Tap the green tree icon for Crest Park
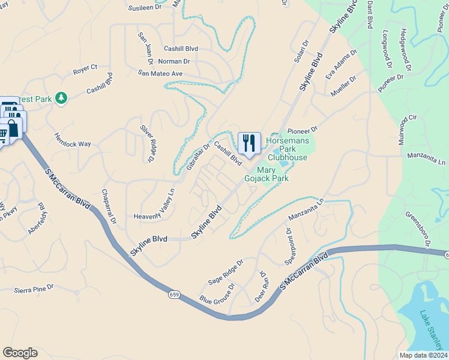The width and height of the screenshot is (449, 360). [x=61, y=97]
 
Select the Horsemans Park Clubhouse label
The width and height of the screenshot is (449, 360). [x=287, y=148]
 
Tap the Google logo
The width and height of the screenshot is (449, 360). [x=20, y=353]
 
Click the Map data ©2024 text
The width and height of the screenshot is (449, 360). [x=423, y=355]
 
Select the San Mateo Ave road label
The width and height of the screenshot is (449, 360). [x=160, y=73]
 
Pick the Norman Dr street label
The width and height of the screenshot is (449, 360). [x=174, y=61]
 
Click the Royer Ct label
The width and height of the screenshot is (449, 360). [x=85, y=70]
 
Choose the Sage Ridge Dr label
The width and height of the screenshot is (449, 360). [x=225, y=272]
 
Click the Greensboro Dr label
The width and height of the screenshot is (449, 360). [x=418, y=229]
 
